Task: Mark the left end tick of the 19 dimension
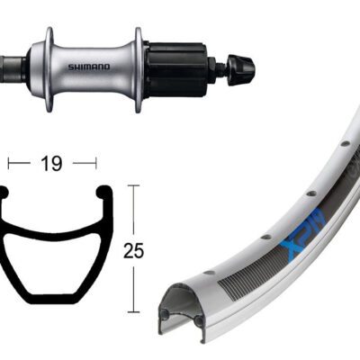[10, 163]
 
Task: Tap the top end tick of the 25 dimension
[133, 185]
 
